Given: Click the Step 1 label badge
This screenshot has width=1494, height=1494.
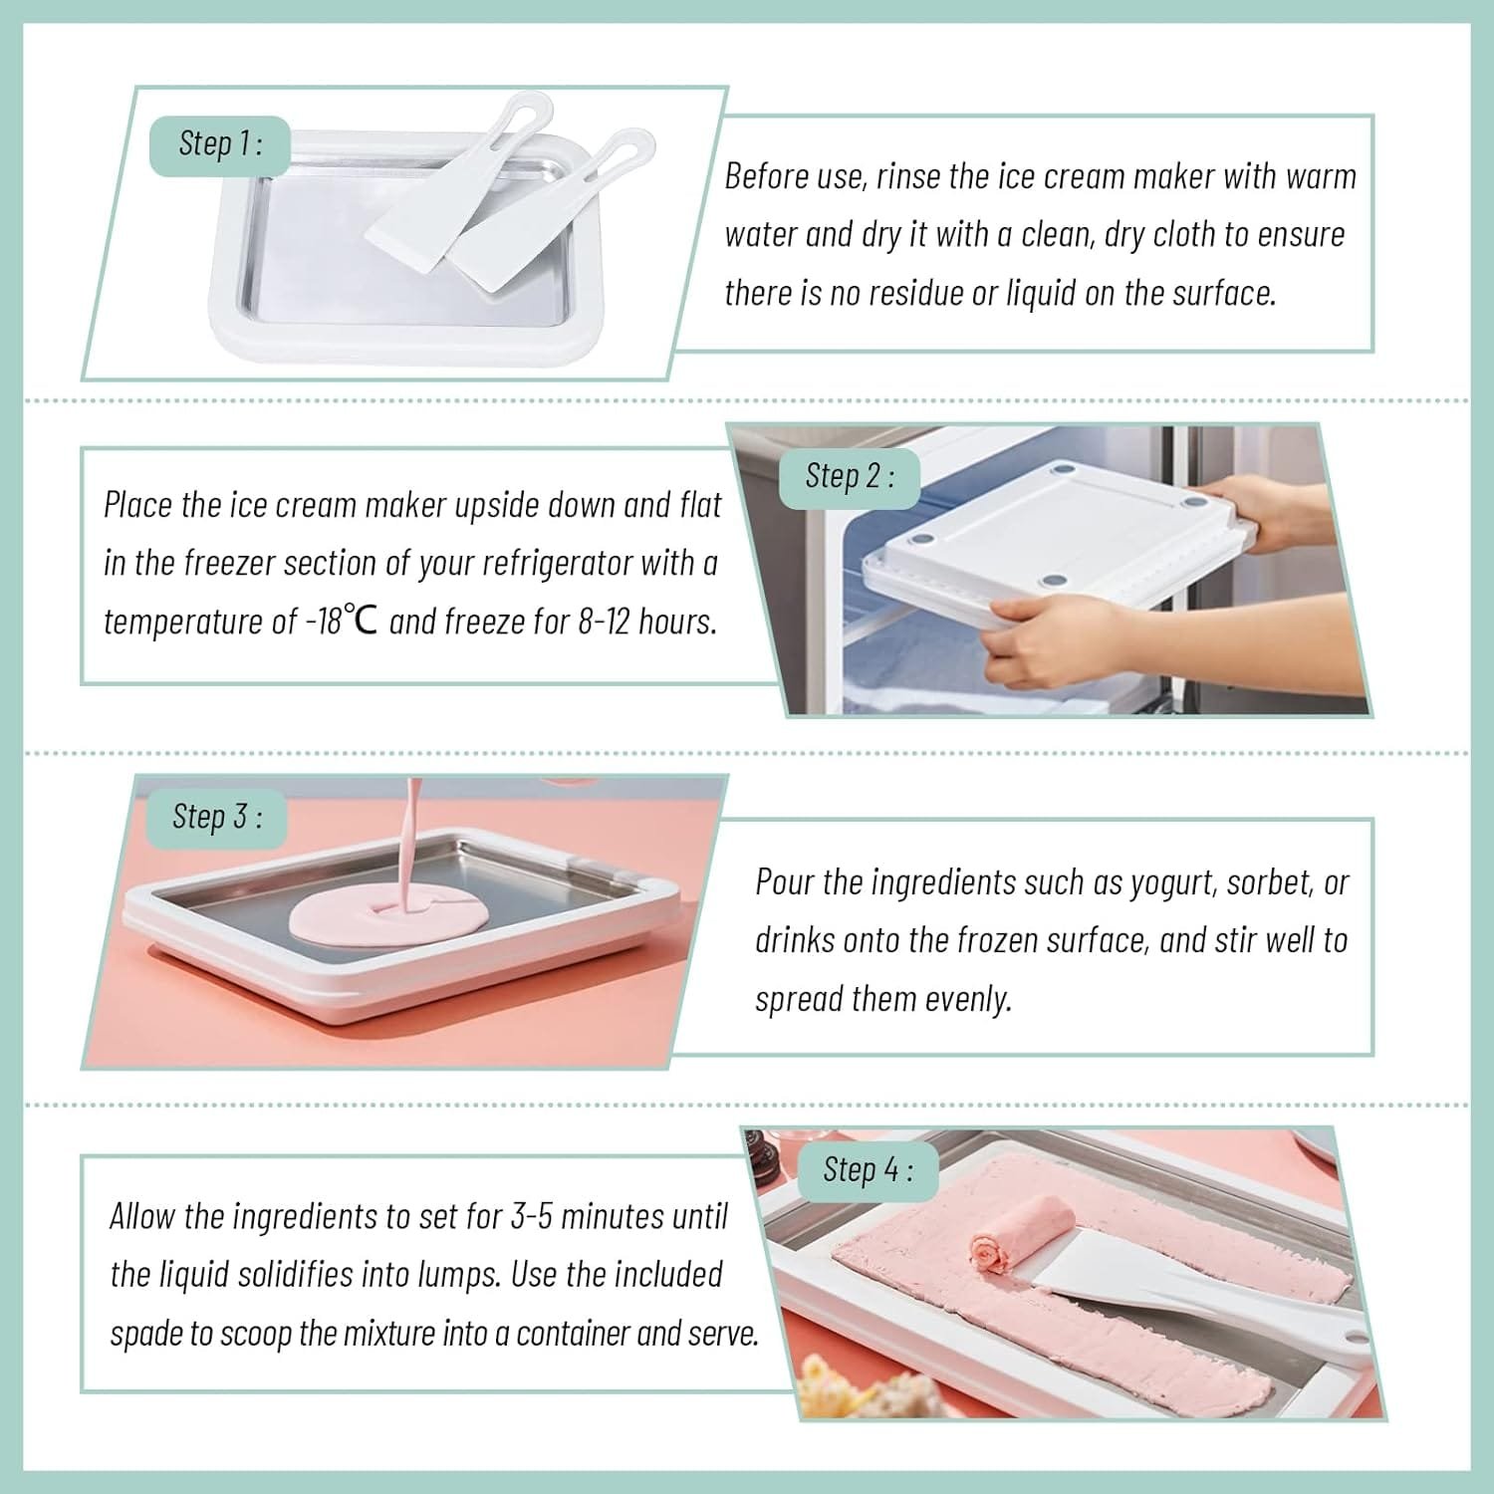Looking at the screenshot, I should click(x=220, y=144).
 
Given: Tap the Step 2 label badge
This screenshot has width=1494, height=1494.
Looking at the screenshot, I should click(x=849, y=477).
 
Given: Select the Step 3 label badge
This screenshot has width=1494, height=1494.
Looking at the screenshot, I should click(x=217, y=818).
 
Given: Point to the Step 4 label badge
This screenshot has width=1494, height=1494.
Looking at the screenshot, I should click(x=867, y=1169).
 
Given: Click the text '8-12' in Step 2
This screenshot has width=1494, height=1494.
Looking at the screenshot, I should click(x=605, y=622).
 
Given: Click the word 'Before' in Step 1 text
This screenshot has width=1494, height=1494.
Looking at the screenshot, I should click(x=764, y=176).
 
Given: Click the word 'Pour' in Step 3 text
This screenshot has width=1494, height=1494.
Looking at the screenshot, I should click(x=786, y=882).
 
